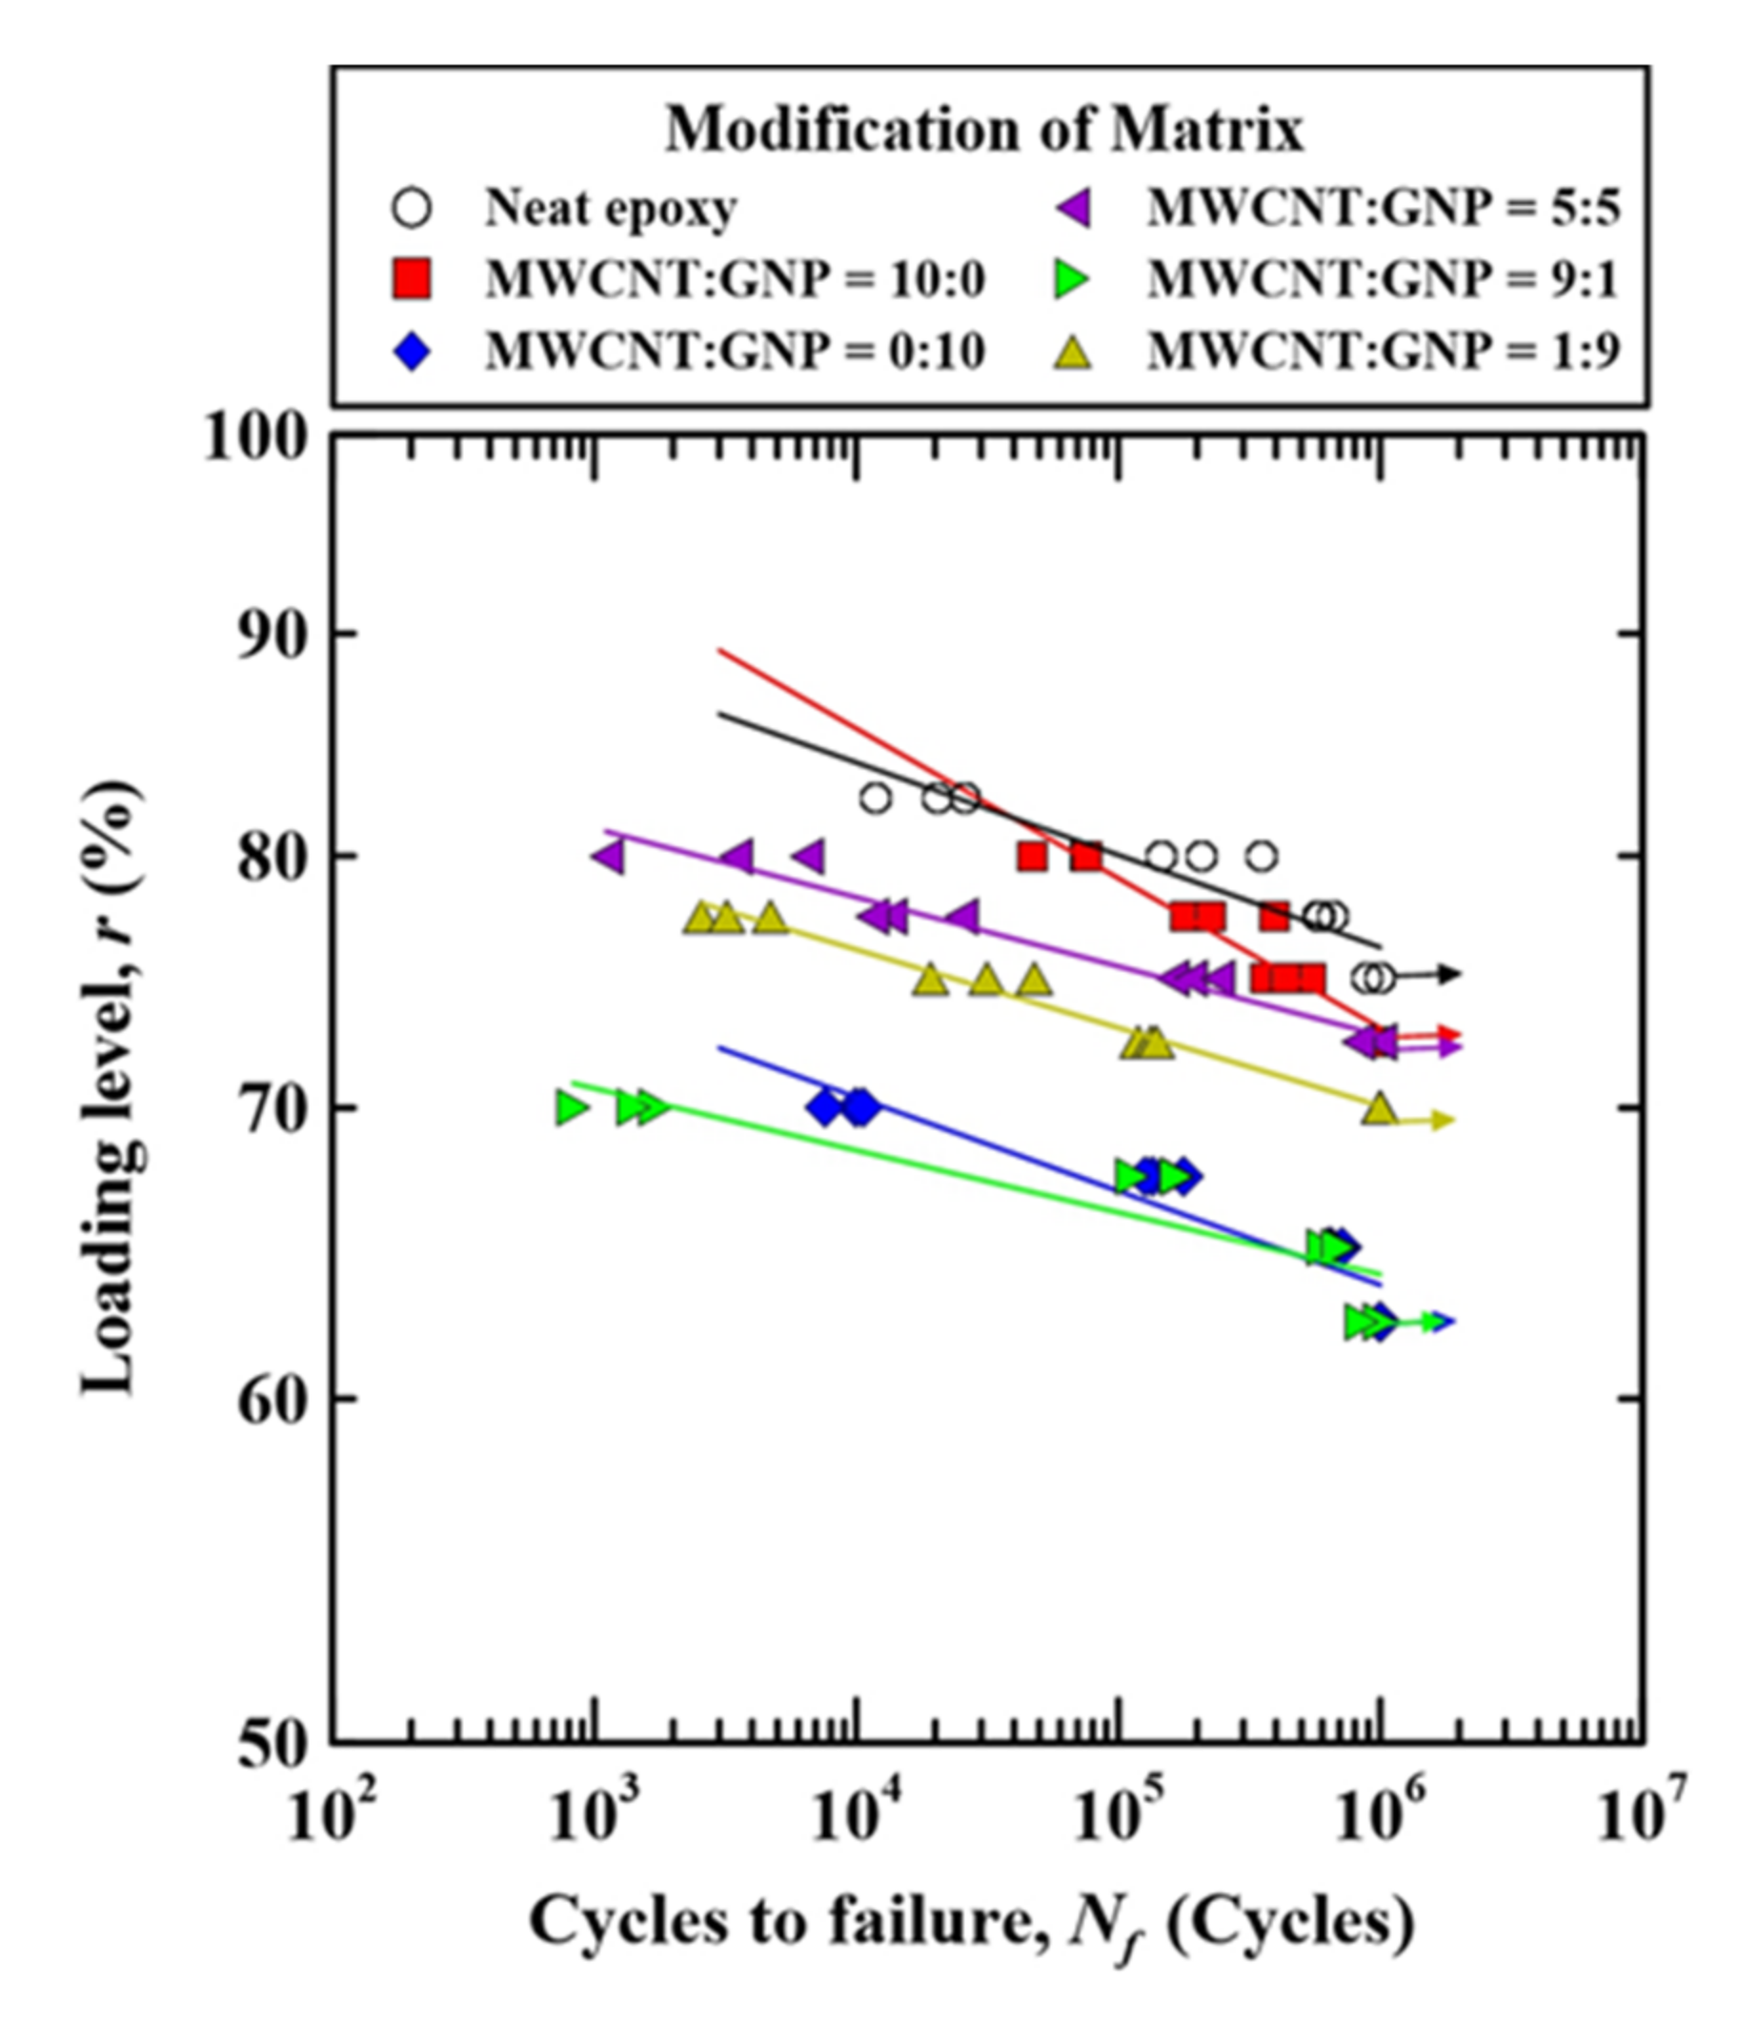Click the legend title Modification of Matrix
983,129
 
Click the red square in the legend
412,279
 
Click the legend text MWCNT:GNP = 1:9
1383,351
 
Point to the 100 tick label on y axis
256,438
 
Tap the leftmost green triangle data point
572,1107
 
